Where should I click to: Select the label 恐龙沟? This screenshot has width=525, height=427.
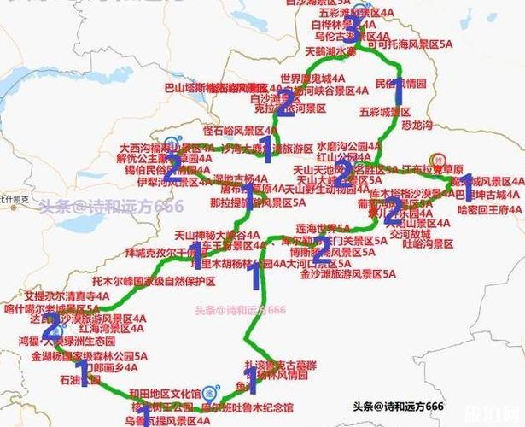pos(394,126)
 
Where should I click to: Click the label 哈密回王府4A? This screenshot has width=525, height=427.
pos(489,208)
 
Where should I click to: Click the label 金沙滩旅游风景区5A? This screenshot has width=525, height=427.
pos(348,274)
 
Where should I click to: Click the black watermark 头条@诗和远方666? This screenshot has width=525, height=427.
pos(396,405)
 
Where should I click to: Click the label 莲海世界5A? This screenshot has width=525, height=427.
pos(323,229)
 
